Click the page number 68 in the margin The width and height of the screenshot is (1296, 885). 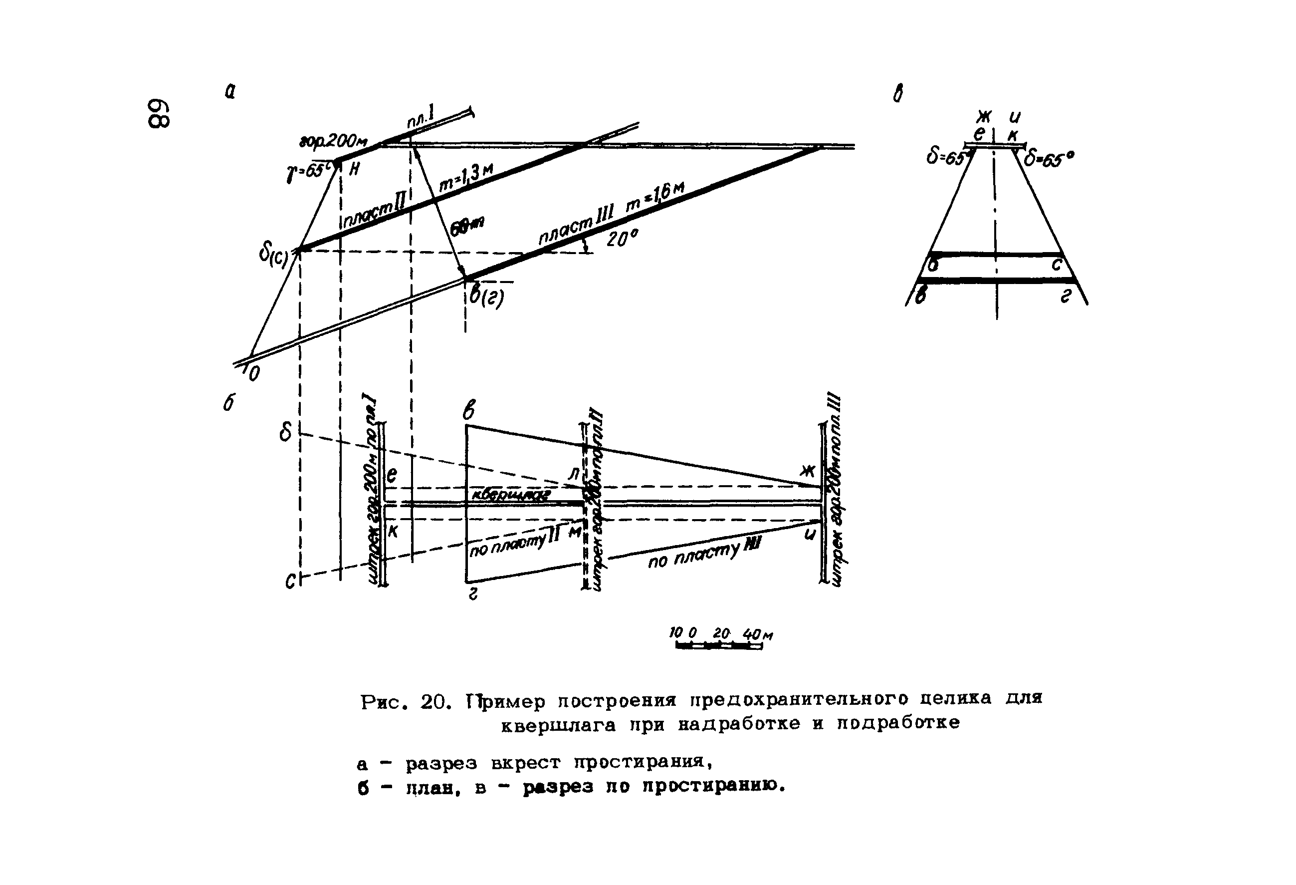tap(158, 114)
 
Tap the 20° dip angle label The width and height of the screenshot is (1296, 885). tap(621, 239)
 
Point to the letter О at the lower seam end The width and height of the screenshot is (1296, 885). tap(254, 373)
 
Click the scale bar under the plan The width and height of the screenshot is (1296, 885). tap(718, 645)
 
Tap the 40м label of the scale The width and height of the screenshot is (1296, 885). tap(757, 634)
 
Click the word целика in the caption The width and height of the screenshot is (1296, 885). tap(956, 699)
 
